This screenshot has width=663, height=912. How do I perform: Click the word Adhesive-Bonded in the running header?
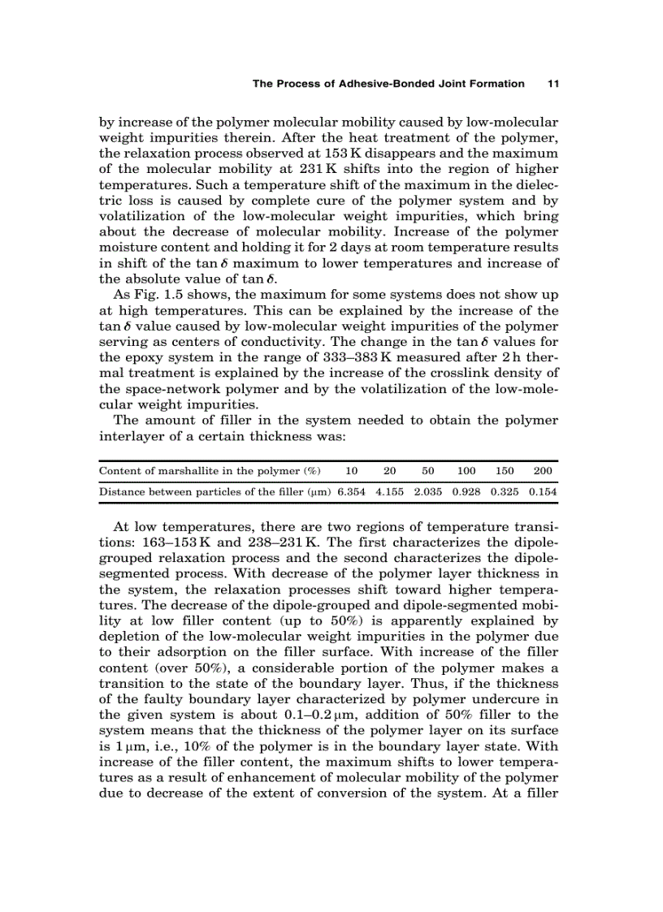[383, 83]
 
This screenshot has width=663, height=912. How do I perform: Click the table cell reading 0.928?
[466, 491]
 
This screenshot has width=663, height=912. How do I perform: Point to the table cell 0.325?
[505, 491]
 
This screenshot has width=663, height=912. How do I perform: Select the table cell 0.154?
[542, 491]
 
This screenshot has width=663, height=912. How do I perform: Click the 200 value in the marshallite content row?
[543, 471]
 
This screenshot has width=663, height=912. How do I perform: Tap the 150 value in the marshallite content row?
[505, 471]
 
